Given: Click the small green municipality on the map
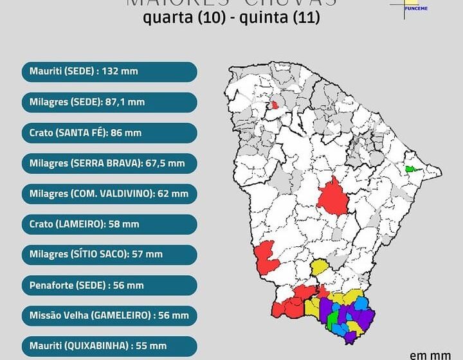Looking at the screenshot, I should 412,170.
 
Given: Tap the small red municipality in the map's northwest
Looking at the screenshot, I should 275,105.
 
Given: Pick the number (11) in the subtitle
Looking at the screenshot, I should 306,19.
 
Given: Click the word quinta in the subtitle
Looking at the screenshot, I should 263,19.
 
